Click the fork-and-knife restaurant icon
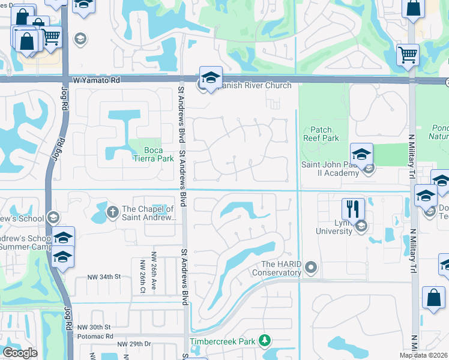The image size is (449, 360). coord(352,209)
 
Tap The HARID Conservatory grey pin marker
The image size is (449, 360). coord(310,266)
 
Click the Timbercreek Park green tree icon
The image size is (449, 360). coord(264,341)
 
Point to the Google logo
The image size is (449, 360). coord(20,353)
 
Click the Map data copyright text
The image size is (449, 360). coord(424,355)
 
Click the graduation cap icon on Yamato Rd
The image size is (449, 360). coord(211,77)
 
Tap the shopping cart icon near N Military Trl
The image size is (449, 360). coord(408,54)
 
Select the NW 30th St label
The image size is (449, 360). coord(95,328)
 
